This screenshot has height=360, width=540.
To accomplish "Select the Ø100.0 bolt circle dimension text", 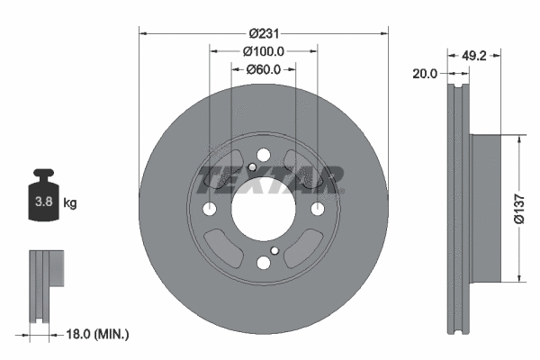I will (264, 52).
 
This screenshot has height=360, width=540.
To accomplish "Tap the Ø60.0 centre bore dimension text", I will (263, 69).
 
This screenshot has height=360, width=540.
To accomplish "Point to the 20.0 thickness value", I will (423, 74).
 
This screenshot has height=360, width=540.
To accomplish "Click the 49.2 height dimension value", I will (473, 54).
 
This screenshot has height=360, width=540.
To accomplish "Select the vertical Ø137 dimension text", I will (519, 209).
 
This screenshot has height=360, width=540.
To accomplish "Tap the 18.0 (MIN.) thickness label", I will (97, 334).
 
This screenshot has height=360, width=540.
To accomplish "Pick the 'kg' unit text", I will (70, 203).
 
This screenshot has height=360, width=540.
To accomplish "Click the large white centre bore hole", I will (263, 210).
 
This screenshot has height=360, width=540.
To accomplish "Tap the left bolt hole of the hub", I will (210, 210).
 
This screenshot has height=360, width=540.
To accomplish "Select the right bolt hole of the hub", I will (317, 210).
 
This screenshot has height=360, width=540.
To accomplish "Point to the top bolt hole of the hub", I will (263, 157).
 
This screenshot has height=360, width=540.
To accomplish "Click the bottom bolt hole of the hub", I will (263, 263).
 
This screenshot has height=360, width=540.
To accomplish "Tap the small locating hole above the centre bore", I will (252, 167).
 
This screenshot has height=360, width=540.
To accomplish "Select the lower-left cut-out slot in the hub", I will (221, 248).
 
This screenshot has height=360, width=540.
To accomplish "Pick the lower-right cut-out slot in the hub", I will (304, 248).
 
